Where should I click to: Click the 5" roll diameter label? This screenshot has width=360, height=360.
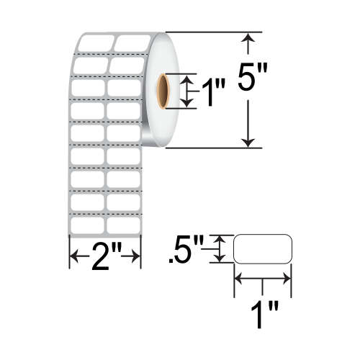(x=252, y=77)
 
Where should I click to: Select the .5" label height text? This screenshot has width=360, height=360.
(x=186, y=249)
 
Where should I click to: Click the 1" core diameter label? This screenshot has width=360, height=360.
(x=214, y=92)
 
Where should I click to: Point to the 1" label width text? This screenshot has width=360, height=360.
(x=264, y=315)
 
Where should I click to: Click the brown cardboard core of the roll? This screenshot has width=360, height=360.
(x=163, y=91)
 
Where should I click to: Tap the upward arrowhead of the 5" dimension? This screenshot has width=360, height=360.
(x=248, y=38)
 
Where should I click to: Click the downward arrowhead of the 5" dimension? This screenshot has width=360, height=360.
(x=248, y=143)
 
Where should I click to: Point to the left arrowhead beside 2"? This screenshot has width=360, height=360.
(x=74, y=256)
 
